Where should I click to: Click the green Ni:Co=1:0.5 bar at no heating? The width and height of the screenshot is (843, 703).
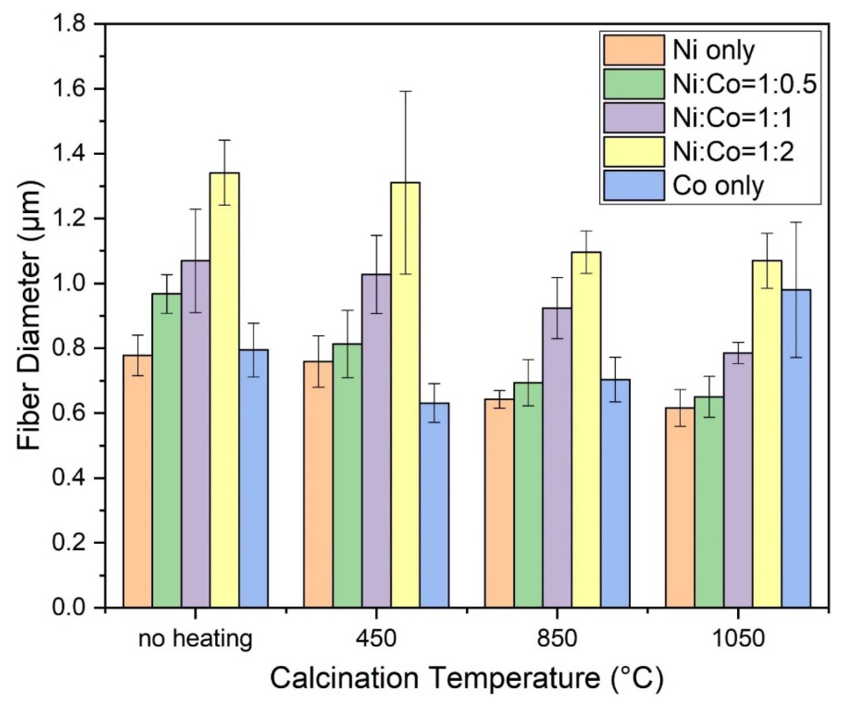pyautogui.click(x=166, y=450)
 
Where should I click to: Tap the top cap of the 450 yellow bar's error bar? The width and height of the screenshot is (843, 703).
pyautogui.click(x=406, y=91)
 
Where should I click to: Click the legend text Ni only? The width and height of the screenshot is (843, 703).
pyautogui.click(x=713, y=51)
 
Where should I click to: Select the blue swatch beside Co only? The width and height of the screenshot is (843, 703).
pyautogui.click(x=633, y=186)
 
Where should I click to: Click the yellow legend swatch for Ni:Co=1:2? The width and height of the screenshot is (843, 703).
pyautogui.click(x=633, y=152)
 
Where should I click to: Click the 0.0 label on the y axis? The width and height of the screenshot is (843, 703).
pyautogui.click(x=69, y=607)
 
